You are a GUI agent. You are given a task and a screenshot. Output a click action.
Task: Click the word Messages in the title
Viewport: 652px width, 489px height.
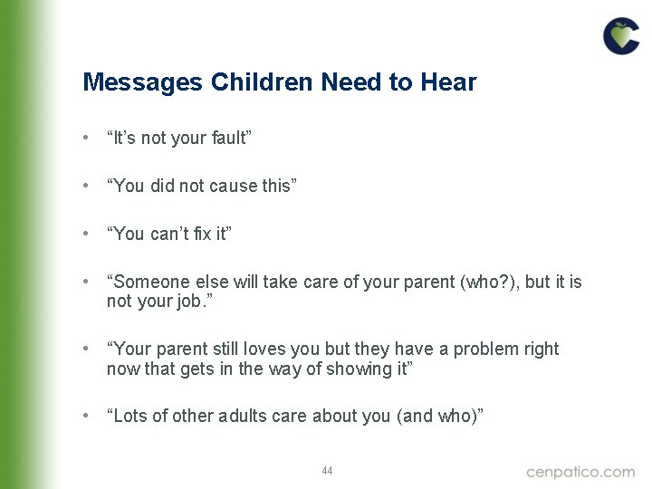(143, 83)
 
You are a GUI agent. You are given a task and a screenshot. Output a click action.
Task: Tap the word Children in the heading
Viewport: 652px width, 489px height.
(263, 83)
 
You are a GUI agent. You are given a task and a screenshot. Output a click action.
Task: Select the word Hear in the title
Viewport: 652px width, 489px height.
(447, 83)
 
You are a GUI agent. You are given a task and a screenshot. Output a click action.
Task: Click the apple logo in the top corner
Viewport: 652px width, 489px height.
(621, 36)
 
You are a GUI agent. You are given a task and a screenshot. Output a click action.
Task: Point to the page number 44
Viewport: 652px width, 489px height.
(327, 471)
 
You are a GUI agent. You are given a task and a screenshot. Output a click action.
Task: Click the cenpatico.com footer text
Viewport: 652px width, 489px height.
(580, 472)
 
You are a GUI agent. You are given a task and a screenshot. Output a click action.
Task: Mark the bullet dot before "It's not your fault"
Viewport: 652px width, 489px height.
(84, 138)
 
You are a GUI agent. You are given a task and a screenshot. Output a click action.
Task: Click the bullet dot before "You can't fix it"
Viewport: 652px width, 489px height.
(84, 234)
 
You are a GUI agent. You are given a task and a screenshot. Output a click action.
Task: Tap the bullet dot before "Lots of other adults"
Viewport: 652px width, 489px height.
(84, 416)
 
